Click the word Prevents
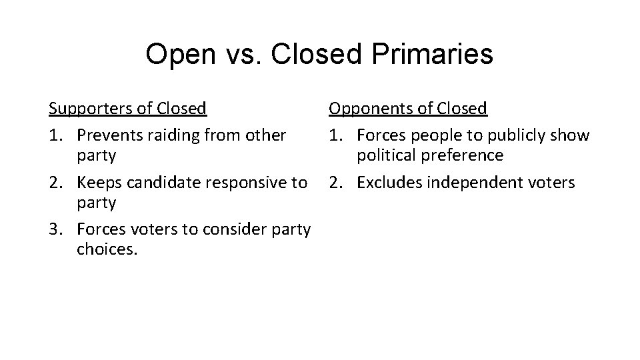click(107, 135)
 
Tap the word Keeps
click(98, 182)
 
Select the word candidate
click(155, 182)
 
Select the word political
click(385, 155)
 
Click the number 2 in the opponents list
click(333, 182)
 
